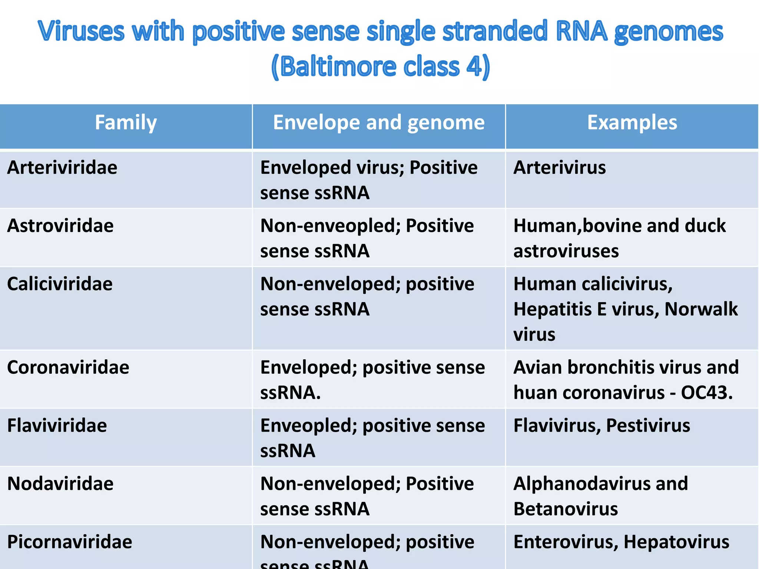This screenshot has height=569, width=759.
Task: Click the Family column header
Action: (126, 123)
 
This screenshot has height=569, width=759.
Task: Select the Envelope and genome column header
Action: (378, 123)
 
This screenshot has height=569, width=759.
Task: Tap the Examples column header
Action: (632, 123)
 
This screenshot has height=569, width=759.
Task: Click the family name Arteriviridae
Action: (62, 168)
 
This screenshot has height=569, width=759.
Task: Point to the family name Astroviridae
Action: (60, 226)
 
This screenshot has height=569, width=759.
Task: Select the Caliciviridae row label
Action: (60, 284)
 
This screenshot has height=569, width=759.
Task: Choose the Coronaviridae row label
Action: (68, 367)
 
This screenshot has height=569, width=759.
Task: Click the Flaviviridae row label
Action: (57, 426)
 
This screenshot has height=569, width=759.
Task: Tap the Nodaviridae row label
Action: (60, 484)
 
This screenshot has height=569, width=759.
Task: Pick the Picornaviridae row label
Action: (70, 542)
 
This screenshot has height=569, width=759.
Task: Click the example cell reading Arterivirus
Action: (560, 168)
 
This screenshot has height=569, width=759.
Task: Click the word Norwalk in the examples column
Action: (701, 309)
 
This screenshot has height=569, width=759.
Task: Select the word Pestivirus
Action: (648, 426)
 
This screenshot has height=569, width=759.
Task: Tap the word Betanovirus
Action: (566, 509)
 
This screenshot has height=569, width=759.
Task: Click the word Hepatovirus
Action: (676, 542)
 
